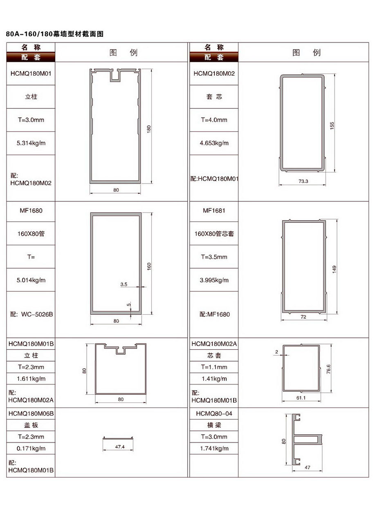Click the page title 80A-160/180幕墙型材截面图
55,34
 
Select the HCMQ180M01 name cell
31,74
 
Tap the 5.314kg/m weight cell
31,143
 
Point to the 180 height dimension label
149,129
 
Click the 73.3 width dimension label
303,181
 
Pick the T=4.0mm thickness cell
214,120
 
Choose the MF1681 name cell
214,210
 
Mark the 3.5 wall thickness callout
124,284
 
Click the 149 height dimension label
334,269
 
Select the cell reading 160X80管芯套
214,234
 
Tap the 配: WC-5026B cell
31,314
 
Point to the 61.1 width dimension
301,398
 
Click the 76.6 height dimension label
328,369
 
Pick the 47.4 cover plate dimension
120,446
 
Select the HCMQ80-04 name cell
214,413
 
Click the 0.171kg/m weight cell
31,448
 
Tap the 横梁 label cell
214,425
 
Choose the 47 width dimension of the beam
307,467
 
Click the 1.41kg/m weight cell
214,379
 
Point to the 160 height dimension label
149,266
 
